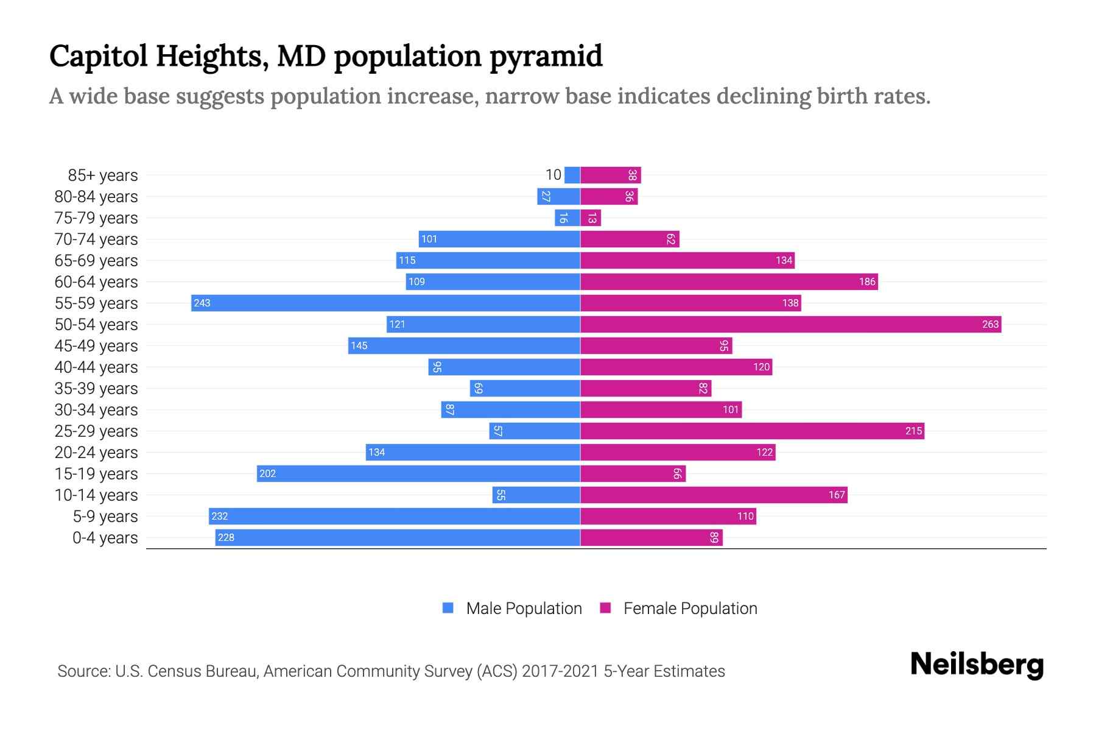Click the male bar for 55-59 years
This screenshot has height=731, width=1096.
pyautogui.click(x=385, y=303)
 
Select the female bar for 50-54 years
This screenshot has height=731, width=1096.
pyautogui.click(x=790, y=324)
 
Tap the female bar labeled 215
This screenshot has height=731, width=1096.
pyautogui.click(x=752, y=431)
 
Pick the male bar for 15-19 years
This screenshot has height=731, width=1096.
pyautogui.click(x=418, y=473)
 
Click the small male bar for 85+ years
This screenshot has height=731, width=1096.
pyautogui.click(x=572, y=175)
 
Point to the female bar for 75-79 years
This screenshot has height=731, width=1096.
pyautogui.click(x=591, y=217)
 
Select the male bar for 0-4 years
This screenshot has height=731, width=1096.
pyautogui.click(x=398, y=537)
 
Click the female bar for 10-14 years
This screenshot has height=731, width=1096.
pyautogui.click(x=714, y=495)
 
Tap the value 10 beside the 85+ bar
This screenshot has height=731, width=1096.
pyautogui.click(x=553, y=175)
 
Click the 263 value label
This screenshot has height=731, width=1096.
pyautogui.click(x=990, y=324)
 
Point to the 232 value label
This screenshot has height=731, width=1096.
pyautogui.click(x=219, y=516)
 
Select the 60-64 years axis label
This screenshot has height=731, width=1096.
pyautogui.click(x=96, y=282)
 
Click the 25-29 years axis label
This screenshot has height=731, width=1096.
pyautogui.click(x=96, y=431)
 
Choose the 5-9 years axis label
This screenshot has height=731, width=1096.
pyautogui.click(x=105, y=517)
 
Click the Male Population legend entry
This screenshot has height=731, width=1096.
pyautogui.click(x=523, y=608)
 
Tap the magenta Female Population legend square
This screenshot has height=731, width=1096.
pyautogui.click(x=605, y=608)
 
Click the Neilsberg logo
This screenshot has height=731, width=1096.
pyautogui.click(x=977, y=665)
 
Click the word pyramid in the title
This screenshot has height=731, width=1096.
pyautogui.click(x=546, y=57)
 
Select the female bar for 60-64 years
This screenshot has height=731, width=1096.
pyautogui.click(x=729, y=281)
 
